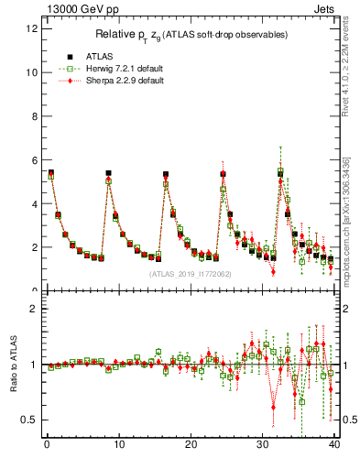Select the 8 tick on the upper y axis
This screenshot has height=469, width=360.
(35, 116)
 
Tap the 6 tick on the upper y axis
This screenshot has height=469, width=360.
(35, 160)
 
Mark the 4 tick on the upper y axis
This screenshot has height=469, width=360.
(35, 203)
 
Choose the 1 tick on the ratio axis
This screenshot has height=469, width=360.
(35, 365)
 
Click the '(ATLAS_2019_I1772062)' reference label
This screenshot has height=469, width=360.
(190, 273)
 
